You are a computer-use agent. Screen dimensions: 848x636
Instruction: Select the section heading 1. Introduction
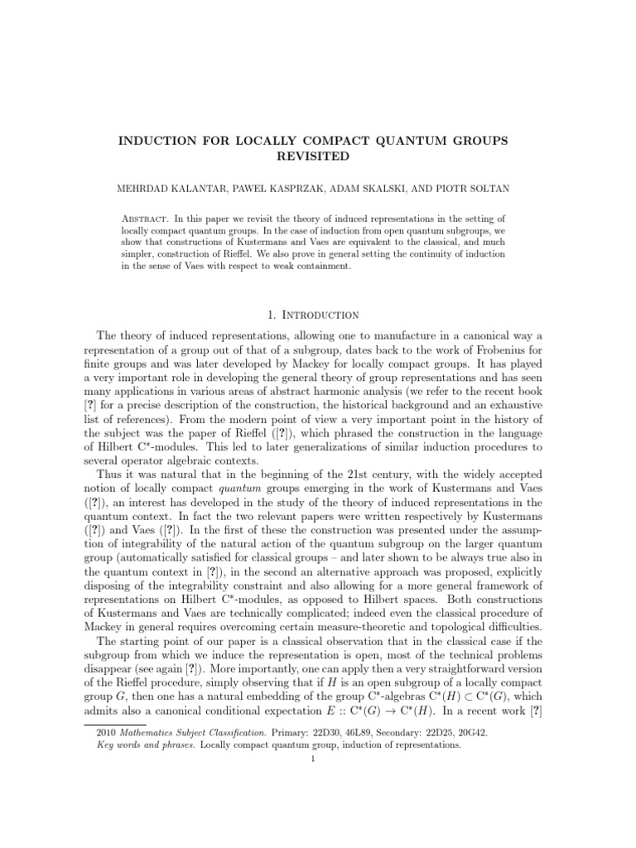click(318, 315)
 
